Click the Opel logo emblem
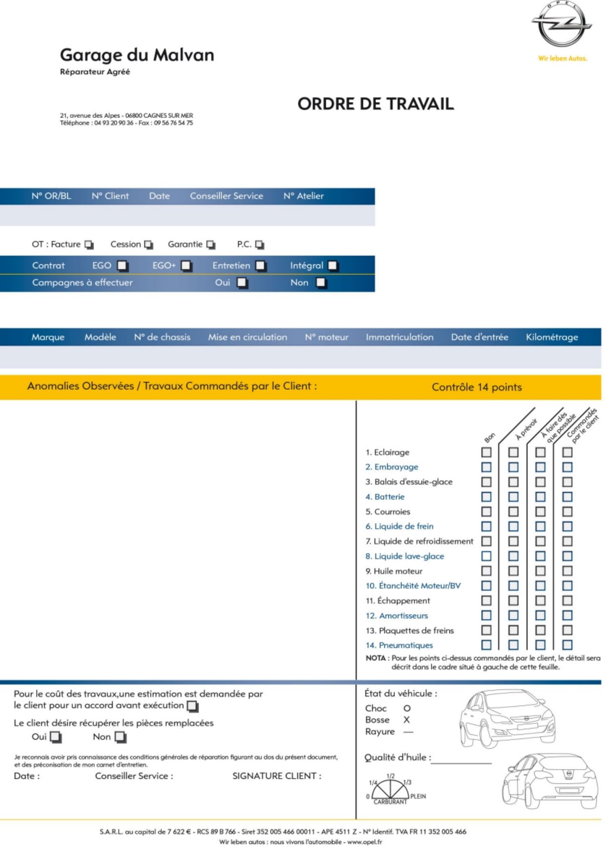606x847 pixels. (562, 24)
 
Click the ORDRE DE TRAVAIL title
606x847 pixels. (375, 104)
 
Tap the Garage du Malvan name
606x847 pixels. (137, 55)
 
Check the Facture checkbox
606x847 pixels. (89, 245)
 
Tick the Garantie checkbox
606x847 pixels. (211, 245)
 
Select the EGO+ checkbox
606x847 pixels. (186, 266)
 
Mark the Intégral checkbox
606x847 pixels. (333, 266)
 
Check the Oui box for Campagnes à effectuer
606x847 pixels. (242, 282)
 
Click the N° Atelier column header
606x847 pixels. (303, 196)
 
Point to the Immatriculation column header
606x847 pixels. (399, 338)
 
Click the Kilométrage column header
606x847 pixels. (552, 338)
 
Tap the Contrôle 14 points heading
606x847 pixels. (477, 387)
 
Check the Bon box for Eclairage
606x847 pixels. (486, 452)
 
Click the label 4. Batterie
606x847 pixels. (385, 497)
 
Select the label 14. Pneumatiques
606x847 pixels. (399, 645)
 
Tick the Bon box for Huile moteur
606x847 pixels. (486, 571)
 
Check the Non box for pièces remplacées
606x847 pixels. (121, 737)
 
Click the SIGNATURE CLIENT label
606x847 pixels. (277, 776)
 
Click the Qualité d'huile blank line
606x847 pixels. (461, 762)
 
